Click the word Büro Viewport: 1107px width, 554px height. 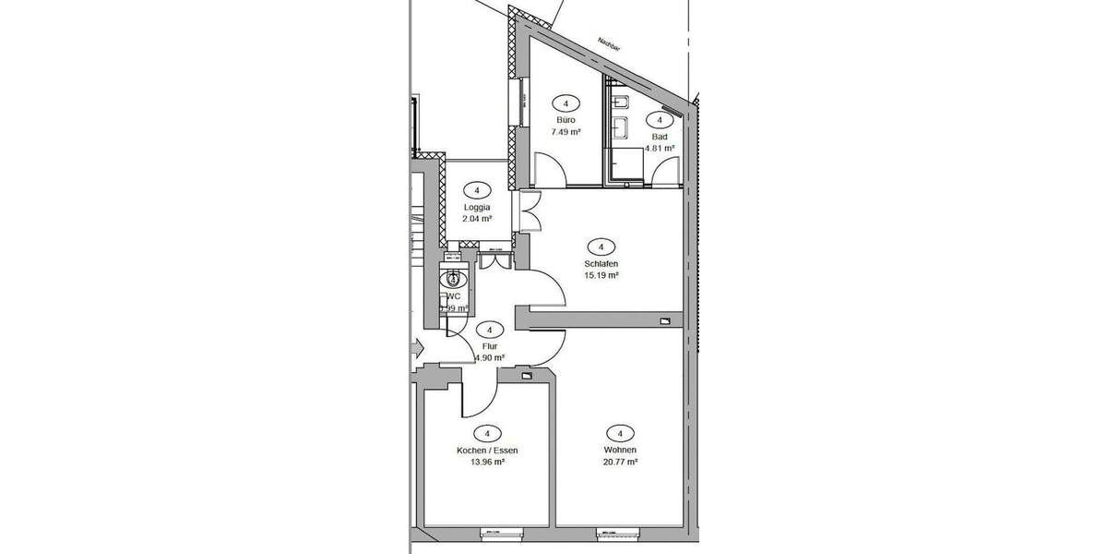(x=565, y=121)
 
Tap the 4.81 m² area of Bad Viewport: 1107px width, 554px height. (x=660, y=148)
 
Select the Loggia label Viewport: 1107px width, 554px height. (x=477, y=208)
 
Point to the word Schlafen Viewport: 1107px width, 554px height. (x=601, y=263)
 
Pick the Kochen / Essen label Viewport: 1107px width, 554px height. (x=487, y=451)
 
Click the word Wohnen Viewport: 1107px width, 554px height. (x=620, y=451)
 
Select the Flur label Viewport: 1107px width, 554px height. (x=489, y=346)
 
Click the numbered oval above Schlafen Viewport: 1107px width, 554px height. (x=601, y=247)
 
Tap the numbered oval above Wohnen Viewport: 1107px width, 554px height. (x=620, y=433)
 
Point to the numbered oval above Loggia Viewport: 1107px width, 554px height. (x=477, y=190)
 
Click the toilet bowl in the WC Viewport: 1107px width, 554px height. (x=453, y=278)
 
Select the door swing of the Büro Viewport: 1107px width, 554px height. (x=549, y=172)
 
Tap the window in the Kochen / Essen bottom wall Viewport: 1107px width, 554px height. (x=503, y=532)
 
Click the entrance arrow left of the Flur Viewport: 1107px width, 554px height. (x=417, y=348)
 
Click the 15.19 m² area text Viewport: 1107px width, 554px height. (x=601, y=275)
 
